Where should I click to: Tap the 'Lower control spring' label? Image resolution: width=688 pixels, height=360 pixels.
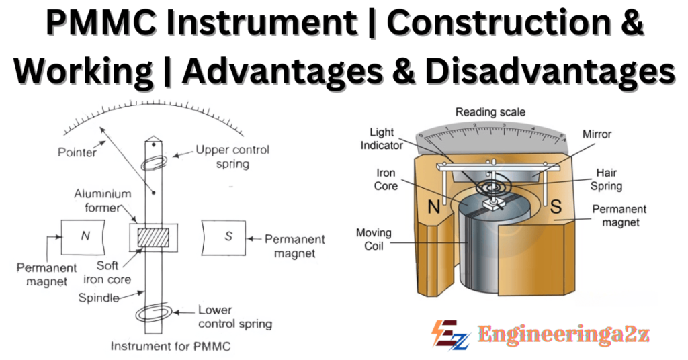234,316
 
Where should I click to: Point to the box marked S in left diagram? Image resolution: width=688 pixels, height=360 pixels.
228,236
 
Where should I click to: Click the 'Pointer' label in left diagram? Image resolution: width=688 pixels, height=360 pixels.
77,152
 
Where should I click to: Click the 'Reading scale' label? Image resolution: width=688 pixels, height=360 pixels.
490,112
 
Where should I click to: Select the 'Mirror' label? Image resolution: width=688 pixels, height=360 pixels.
597,134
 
